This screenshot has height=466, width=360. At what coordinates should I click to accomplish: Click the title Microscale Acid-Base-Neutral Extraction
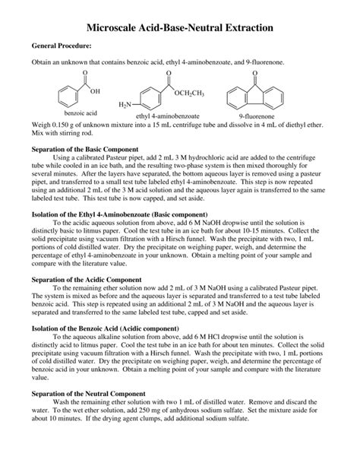179,27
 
